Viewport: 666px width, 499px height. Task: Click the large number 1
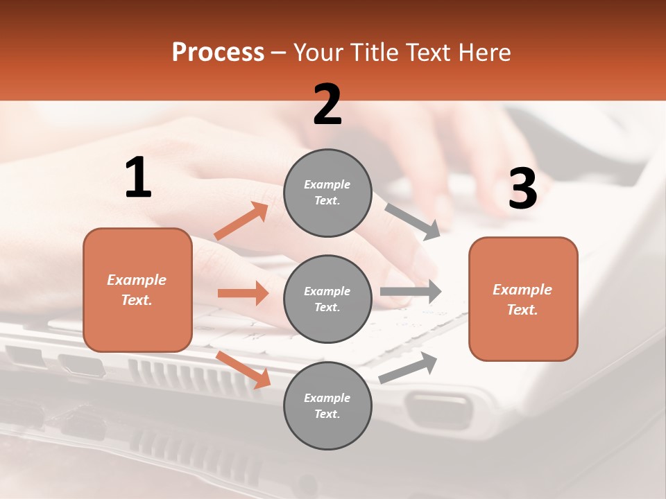(x=137, y=177)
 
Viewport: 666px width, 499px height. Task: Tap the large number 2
(x=327, y=105)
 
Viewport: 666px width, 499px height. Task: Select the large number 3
(x=522, y=189)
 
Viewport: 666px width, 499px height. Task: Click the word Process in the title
(x=218, y=52)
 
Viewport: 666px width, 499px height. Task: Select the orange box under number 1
(x=137, y=290)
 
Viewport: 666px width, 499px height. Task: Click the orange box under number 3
(x=523, y=299)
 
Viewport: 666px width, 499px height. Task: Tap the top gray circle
(x=327, y=193)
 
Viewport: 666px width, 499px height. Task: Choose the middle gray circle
(x=327, y=299)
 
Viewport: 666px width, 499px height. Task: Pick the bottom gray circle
(x=327, y=405)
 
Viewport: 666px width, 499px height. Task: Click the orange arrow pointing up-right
(x=241, y=220)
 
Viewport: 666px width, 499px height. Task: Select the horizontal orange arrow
(x=243, y=293)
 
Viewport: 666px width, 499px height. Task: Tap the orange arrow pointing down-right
(x=244, y=369)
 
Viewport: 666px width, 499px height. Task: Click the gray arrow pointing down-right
(x=412, y=222)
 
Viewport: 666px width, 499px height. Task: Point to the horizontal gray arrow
(x=411, y=291)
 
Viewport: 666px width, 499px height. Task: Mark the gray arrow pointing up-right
(x=408, y=367)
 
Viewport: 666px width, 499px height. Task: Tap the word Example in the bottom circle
(x=327, y=398)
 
